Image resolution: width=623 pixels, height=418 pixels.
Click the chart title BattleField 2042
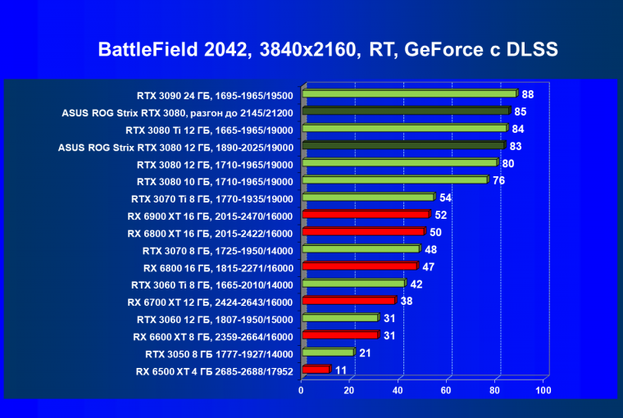328,49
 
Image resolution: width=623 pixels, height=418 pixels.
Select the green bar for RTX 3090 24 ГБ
409,93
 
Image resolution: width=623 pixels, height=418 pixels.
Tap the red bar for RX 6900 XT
366,214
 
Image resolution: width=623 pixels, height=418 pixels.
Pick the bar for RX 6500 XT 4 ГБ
316,370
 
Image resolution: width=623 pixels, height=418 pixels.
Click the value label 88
528,93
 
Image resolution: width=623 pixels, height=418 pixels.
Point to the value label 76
498,179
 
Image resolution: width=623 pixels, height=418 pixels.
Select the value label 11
341,370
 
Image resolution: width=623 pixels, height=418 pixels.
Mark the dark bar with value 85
406,111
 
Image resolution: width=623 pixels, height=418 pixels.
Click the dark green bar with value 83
403,146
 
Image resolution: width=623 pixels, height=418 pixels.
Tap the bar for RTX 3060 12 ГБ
339,318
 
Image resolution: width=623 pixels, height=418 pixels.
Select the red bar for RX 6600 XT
339,335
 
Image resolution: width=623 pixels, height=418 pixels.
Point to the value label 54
445,198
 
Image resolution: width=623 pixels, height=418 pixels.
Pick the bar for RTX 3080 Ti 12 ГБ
404,128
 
